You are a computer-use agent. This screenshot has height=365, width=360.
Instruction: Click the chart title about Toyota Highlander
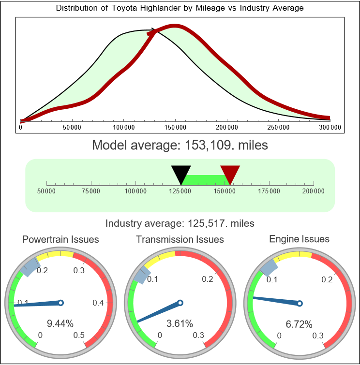pos(180,8)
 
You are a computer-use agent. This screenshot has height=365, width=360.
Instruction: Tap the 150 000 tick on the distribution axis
pos(175,127)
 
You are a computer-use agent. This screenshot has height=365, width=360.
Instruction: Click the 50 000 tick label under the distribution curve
pos(72,127)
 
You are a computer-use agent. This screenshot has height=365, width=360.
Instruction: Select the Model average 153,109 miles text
pos(180,145)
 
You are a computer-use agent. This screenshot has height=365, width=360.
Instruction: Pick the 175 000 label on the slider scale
pos(269,191)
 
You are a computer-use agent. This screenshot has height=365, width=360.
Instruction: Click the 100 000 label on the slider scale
pos(135,191)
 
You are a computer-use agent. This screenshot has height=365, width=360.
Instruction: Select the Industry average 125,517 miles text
pos(180,223)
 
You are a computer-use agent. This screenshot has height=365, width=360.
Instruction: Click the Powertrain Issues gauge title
pos(60,239)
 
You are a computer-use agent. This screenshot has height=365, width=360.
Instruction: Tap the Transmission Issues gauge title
pos(180,239)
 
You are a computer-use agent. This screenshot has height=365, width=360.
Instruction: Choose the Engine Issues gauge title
pos(299,239)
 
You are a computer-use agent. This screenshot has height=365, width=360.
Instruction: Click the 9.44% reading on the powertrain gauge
pos(60,323)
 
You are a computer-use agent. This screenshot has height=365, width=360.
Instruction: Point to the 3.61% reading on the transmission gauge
pos(180,323)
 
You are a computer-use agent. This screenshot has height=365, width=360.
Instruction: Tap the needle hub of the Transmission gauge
pos(180,303)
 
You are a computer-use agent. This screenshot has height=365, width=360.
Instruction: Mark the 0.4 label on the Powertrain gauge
pos(98,303)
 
